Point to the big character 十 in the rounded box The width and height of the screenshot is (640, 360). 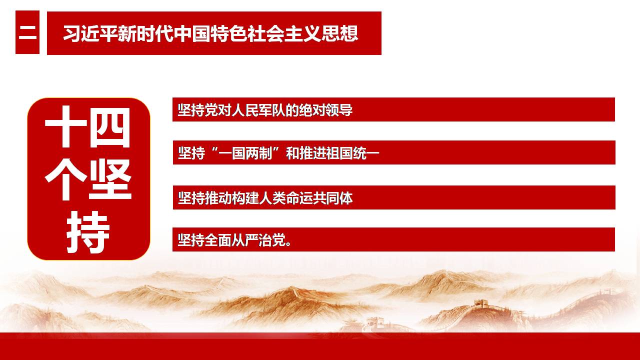pyautogui.click(x=65, y=127)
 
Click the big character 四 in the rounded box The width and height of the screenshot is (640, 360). pyautogui.click(x=109, y=127)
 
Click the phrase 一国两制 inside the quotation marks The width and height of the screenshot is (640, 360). pyautogui.click(x=245, y=153)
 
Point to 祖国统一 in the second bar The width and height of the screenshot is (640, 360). pyautogui.click(x=352, y=153)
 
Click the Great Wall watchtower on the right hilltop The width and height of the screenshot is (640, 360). pyautogui.click(x=481, y=303)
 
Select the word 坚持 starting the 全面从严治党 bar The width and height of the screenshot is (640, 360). pyautogui.click(x=191, y=240)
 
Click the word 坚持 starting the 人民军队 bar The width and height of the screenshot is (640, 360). pyautogui.click(x=191, y=110)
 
